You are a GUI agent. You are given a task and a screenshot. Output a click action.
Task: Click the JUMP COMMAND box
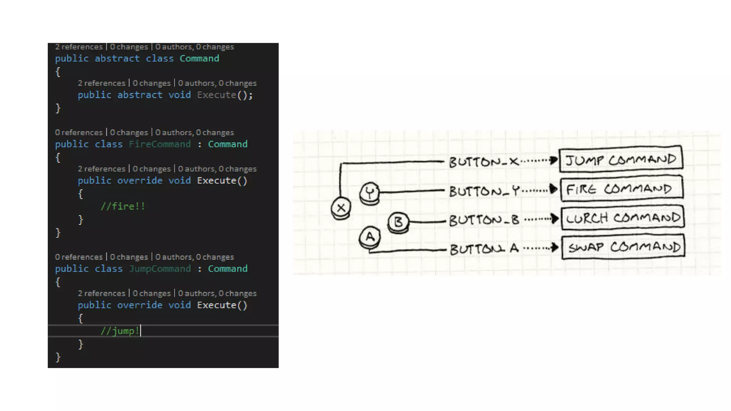point(621,159)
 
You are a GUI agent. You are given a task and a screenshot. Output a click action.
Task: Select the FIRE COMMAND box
point(621,189)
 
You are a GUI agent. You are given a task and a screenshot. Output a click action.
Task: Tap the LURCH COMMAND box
point(622,218)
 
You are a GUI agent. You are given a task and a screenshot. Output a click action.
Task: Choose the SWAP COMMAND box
point(623,247)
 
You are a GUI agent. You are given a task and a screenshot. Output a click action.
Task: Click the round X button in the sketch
point(341,208)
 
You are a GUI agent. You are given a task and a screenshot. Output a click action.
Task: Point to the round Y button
point(370,193)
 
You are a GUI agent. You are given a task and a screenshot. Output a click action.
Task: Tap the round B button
point(398,222)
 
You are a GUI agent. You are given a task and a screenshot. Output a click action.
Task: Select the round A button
point(370,237)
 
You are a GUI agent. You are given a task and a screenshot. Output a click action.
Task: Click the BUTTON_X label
point(484,162)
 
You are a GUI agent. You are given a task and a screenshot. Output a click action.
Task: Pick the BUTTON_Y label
point(484,191)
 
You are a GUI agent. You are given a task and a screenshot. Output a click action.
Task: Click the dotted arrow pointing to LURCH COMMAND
point(541,219)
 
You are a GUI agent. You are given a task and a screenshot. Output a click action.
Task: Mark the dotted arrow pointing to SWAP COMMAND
point(541,248)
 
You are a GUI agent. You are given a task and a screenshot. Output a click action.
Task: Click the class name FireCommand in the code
point(160,144)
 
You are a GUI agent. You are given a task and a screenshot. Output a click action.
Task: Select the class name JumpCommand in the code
point(160,269)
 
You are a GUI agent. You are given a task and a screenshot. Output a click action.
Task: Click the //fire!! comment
point(122,206)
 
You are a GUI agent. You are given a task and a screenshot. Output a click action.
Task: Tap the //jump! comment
point(120,331)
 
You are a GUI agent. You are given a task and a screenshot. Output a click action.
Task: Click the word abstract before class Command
point(117,59)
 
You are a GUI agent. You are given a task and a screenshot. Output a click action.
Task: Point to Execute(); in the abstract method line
point(225,95)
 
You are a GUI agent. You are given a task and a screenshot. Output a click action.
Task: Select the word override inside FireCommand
point(140,181)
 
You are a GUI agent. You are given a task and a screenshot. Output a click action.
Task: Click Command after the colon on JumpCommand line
point(227,269)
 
